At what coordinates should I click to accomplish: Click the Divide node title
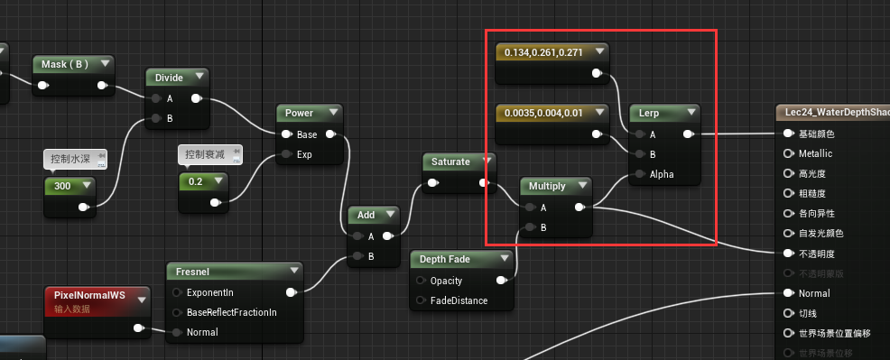170,78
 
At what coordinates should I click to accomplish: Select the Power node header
300,113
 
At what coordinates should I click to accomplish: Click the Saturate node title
451,162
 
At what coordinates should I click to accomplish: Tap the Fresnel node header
192,271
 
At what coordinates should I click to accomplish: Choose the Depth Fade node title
447,259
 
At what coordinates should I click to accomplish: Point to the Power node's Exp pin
287,154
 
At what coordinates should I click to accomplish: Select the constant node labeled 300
62,186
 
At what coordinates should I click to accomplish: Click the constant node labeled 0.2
195,181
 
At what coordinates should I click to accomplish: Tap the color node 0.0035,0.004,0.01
544,113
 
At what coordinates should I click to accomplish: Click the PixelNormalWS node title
88,295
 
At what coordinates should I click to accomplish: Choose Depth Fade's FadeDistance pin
420,300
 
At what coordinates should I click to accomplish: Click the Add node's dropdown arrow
390,215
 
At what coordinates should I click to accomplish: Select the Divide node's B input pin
156,118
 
